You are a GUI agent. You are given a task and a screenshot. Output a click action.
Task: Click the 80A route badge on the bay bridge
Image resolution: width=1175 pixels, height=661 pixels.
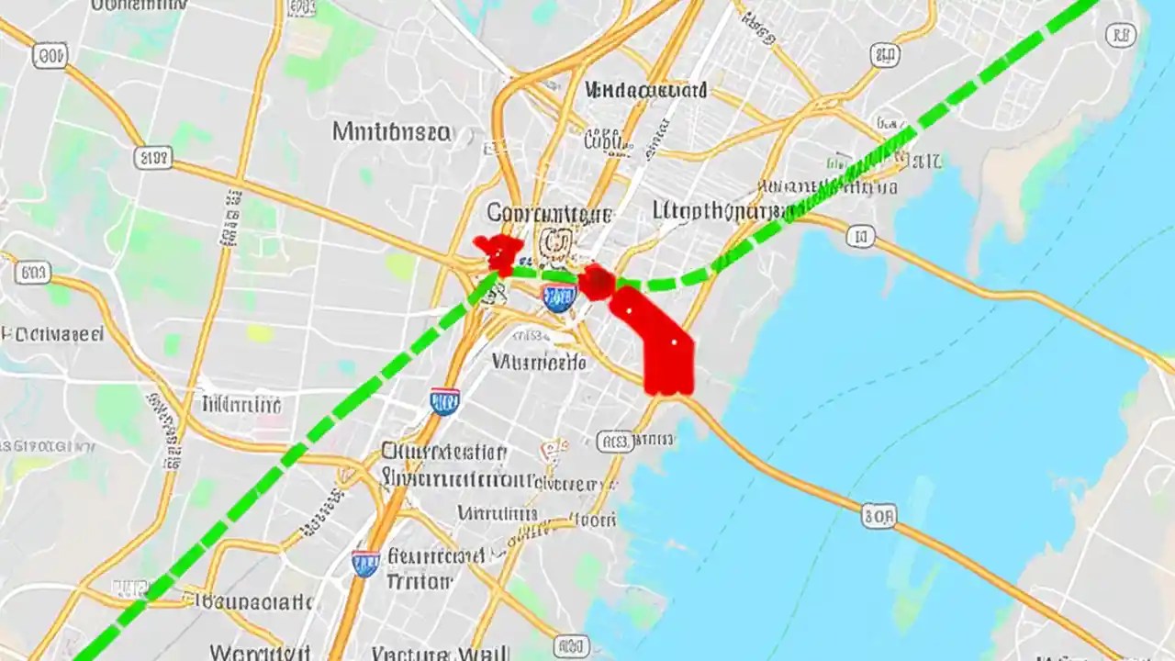tap(878, 517)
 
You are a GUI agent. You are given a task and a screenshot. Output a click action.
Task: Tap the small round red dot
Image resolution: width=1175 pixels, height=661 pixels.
tap(597, 281)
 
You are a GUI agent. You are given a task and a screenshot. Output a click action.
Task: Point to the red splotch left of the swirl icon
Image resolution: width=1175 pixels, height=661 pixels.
tap(498, 252)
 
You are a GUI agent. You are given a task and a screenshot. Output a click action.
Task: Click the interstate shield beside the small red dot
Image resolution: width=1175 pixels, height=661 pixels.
tap(558, 296)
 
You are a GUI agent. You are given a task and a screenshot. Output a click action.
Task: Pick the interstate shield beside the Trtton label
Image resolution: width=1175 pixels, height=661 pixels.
tap(365, 562)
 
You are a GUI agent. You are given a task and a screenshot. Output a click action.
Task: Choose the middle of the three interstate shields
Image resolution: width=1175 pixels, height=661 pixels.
tap(444, 400)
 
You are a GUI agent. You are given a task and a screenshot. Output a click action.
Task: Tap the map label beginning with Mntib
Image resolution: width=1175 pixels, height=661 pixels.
tap(391, 132)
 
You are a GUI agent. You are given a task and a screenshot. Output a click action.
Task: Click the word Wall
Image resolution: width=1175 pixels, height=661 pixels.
tap(481, 654)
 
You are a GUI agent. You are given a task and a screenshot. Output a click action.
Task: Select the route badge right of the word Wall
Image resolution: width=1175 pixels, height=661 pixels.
tap(571, 646)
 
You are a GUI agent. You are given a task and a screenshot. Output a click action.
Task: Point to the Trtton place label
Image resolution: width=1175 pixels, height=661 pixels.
tap(419, 581)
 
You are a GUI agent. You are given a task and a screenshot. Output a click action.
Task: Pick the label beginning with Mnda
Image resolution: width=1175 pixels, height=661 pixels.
tap(646, 90)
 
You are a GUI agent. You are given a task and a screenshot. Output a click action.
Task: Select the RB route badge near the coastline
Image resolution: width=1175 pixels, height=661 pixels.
tap(1121, 36)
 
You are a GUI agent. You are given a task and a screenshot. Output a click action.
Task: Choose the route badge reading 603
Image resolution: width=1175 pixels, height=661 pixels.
tap(33, 273)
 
